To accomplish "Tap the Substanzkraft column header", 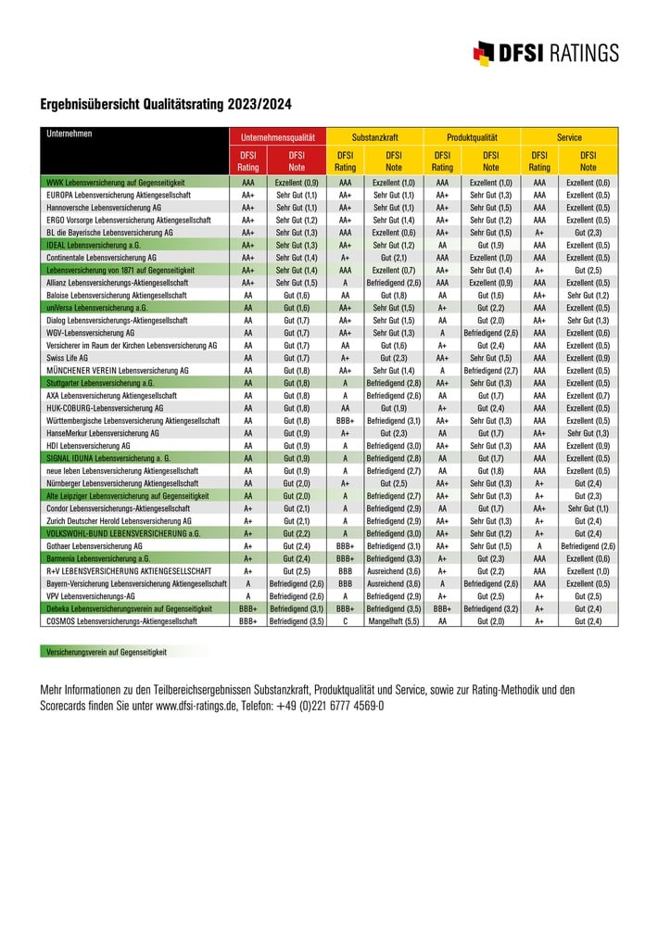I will (374, 136).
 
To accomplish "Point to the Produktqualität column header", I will (472, 136).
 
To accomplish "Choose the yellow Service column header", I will (569, 136).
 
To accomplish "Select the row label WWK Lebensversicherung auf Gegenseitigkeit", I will (115, 184).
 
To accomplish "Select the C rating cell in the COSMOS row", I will (345, 621).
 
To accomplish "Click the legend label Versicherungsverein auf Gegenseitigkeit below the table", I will (108, 653).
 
